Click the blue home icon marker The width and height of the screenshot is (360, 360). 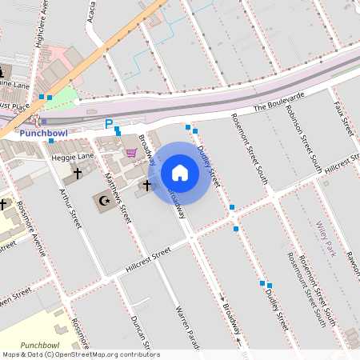(x=180, y=172)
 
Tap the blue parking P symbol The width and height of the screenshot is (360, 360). (x=109, y=124)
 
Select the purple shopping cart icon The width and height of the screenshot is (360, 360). (x=130, y=153)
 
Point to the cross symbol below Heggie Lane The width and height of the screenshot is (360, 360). (x=78, y=173)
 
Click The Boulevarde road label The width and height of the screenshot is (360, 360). (x=279, y=101)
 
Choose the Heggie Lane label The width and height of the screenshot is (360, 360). (x=73, y=158)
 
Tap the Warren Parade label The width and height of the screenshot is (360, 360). (x=186, y=330)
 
